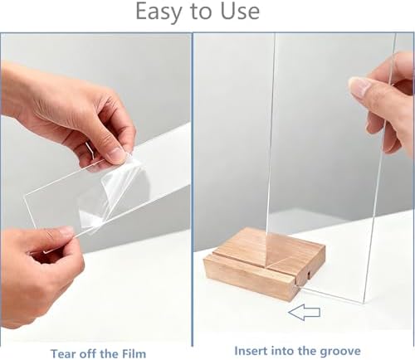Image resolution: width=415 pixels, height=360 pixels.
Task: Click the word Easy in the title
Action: tap(159, 12)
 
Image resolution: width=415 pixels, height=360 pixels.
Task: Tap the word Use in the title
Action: tap(240, 12)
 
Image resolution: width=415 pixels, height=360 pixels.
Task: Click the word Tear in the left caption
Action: tap(62, 353)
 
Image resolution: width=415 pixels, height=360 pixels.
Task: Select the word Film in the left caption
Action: tap(134, 353)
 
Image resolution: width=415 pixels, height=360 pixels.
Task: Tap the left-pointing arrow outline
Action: tap(304, 312)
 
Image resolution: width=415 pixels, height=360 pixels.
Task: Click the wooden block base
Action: tap(264, 265)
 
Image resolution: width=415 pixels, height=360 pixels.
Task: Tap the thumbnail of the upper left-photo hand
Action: tap(117, 154)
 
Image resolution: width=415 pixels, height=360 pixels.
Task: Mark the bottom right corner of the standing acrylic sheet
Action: tap(363, 303)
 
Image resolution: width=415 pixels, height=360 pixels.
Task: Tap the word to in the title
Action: tap(201, 12)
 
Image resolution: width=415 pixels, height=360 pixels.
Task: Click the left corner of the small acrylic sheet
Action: tap(25, 196)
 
